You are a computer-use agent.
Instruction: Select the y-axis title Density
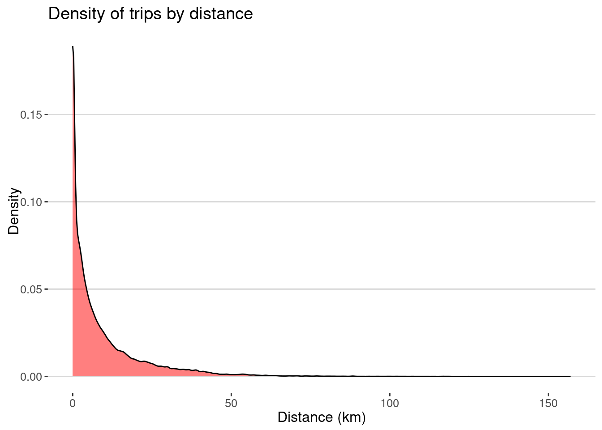(x=14, y=211)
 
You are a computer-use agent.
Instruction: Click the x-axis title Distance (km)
(x=322, y=417)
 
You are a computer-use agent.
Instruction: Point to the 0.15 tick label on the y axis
(x=31, y=115)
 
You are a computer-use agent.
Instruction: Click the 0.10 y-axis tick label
(x=31, y=202)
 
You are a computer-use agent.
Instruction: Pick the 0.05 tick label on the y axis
(x=31, y=289)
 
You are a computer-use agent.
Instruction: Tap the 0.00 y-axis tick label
(x=31, y=377)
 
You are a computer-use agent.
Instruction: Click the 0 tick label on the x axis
(x=73, y=404)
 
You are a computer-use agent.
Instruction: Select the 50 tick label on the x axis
(x=231, y=404)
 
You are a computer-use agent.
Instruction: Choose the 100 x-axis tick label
(x=390, y=404)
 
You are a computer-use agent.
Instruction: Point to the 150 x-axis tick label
(x=548, y=404)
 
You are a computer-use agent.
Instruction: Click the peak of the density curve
(x=73, y=47)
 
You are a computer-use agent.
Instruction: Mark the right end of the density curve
(x=570, y=376)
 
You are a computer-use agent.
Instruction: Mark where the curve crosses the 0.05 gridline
(x=86, y=289)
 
